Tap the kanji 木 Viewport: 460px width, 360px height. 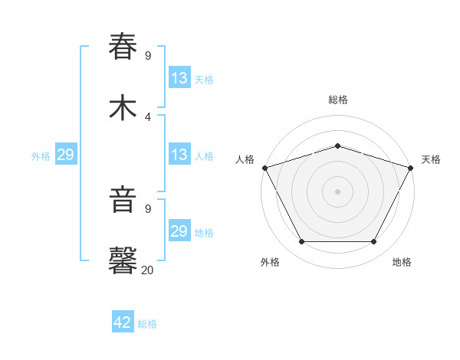coord(123,107)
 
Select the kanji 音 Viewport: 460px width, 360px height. coord(123,200)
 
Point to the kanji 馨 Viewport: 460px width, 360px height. coord(123,261)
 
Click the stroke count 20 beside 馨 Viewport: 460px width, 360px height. coord(147,270)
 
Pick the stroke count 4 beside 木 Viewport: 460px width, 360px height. coord(147,116)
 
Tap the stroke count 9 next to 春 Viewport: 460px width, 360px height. coord(147,55)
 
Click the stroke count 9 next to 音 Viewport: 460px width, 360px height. coord(147,208)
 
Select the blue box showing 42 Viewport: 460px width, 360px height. coord(123,322)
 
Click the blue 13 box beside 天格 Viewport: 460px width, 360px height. coord(179,78)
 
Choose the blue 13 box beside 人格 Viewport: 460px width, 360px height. coord(179,155)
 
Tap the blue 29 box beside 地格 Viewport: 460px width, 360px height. coord(179,231)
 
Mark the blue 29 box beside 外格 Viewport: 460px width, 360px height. coord(65,155)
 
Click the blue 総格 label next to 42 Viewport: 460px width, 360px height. coord(147,324)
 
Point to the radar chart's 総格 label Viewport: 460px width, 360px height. coord(337,100)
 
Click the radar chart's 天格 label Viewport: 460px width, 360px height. coord(431,159)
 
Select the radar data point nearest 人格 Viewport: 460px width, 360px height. coord(264,168)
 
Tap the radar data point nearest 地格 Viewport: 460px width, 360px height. coord(373,242)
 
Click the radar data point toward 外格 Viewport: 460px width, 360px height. coord(301,242)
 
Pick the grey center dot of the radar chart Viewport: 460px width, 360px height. coord(337,191)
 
